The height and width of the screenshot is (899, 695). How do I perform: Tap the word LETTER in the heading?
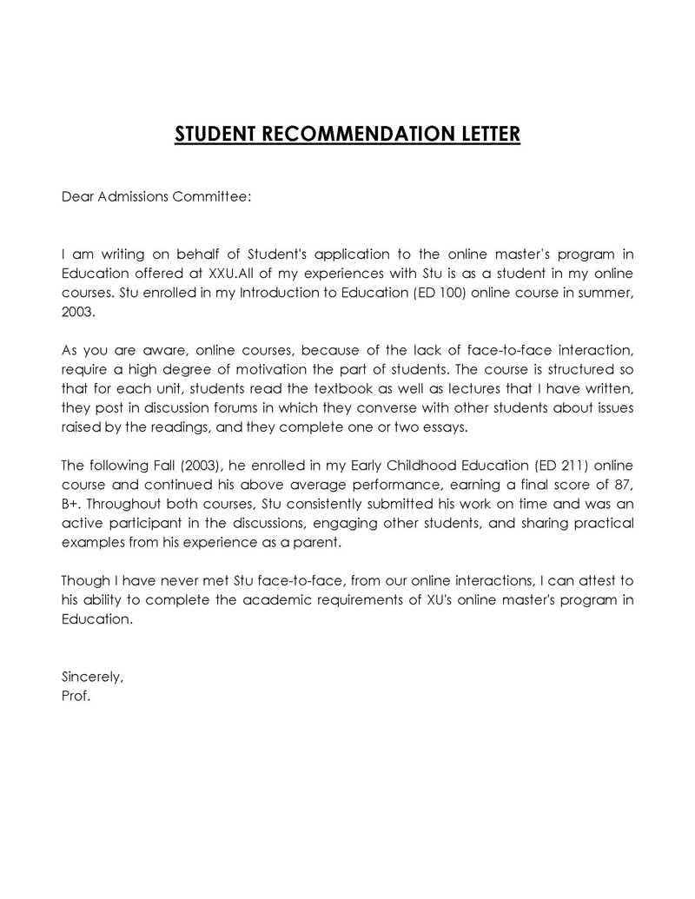tap(488, 134)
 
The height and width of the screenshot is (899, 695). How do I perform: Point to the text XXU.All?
tap(228, 273)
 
